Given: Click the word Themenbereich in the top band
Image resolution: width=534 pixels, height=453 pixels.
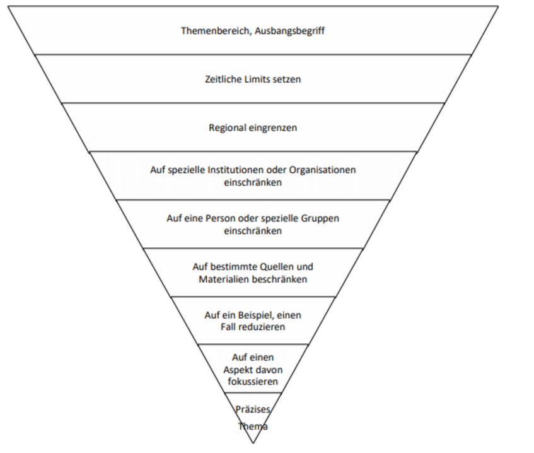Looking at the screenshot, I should click(216, 30).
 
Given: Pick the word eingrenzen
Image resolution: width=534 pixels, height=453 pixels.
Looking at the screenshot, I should click(272, 127).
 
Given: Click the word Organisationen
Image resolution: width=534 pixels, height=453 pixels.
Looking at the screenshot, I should click(323, 170).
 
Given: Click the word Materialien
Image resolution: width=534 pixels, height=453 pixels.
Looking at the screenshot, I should click(224, 279).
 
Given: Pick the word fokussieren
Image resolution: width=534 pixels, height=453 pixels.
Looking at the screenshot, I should click(253, 382).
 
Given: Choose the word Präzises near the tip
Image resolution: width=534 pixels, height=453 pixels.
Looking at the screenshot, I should click(253, 409).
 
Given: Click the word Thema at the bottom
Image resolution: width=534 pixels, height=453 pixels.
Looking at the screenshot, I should click(253, 427).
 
